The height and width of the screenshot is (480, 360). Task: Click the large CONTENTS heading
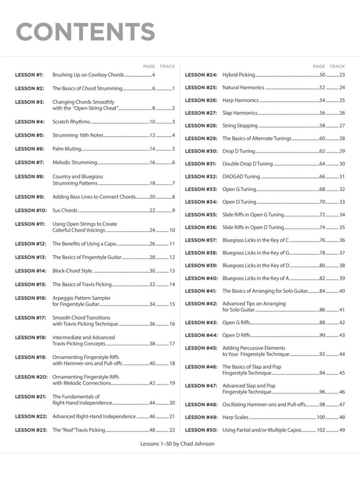tap(85, 32)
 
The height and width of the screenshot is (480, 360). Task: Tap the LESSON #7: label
tap(29, 163)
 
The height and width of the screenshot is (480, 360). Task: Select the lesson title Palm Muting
tap(67, 149)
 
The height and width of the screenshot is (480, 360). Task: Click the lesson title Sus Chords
tap(65, 210)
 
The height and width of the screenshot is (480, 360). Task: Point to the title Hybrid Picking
tap(239, 75)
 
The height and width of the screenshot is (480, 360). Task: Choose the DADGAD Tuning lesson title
tap(241, 177)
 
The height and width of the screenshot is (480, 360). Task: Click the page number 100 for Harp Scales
tap(321, 417)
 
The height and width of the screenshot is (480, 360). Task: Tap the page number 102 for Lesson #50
tap(321, 430)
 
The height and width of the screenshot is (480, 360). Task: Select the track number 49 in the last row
tap(342, 430)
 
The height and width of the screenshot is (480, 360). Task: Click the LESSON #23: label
tap(30, 430)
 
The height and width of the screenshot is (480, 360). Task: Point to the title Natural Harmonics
tap(243, 88)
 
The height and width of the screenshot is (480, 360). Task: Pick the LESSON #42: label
tap(201, 304)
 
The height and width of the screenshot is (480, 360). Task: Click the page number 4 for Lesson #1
tap(153, 75)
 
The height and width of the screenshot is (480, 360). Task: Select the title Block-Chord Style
tap(72, 271)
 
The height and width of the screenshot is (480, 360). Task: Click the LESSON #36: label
tap(201, 227)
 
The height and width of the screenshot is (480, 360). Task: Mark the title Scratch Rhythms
tap(71, 122)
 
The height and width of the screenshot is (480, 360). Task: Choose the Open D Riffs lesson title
tap(236, 335)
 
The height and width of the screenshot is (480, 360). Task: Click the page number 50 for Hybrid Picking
tap(322, 75)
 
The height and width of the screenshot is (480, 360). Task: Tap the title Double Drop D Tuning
tap(247, 164)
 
